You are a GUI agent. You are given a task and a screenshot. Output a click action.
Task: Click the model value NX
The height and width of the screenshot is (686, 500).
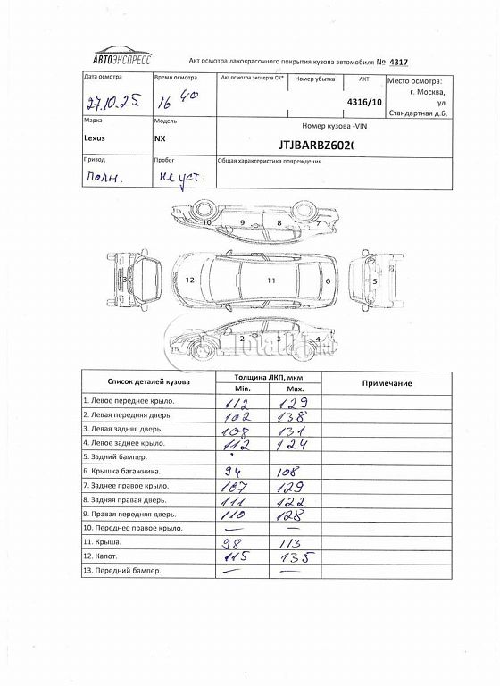click(x=160, y=140)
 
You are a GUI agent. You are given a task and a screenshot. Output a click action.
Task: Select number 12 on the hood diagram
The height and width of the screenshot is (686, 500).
click(x=189, y=280)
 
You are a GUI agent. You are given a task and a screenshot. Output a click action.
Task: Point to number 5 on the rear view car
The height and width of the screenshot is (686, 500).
click(x=375, y=280)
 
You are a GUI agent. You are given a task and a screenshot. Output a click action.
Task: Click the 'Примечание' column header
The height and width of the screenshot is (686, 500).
click(x=387, y=382)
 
